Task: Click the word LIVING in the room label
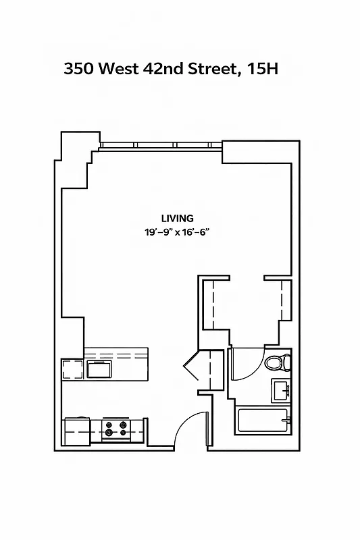tap(178, 218)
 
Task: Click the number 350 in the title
tap(78, 68)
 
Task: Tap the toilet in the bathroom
tap(276, 363)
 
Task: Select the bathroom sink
tap(281, 389)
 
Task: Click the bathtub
tap(263, 421)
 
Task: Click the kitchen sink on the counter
tap(99, 369)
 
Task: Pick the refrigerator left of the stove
tap(77, 431)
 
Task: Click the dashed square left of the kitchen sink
tap(72, 369)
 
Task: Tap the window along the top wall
tap(161, 145)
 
